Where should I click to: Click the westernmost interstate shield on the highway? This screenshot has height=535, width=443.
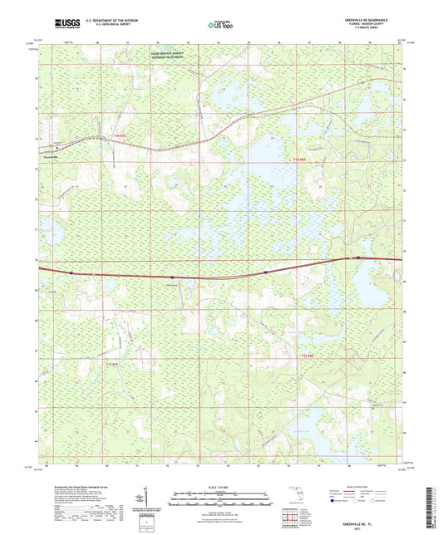[72, 272]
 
